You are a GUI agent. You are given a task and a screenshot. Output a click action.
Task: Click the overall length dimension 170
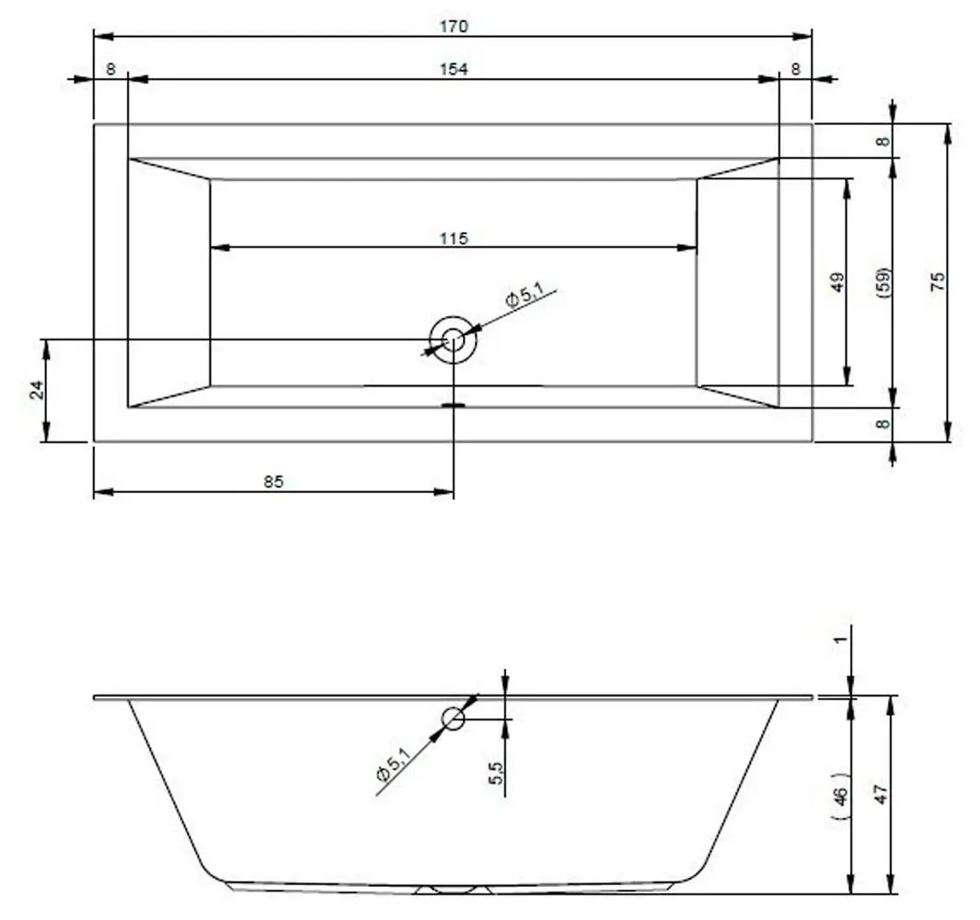tap(454, 27)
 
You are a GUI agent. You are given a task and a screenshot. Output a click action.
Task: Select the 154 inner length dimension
tap(454, 69)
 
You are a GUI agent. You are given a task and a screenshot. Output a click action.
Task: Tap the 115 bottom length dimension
tap(454, 238)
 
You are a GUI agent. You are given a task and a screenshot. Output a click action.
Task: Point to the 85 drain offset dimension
tap(273, 482)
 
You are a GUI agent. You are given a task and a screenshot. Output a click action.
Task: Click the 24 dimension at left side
tap(38, 390)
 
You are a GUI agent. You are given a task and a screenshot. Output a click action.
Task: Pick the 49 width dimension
tap(837, 282)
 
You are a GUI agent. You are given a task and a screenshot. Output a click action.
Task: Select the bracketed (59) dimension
tap(883, 282)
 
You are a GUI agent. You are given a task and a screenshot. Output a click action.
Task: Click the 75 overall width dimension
tap(938, 282)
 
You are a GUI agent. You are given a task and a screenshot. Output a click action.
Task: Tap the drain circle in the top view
tap(453, 340)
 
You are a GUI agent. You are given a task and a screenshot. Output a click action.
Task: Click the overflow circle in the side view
tap(453, 719)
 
